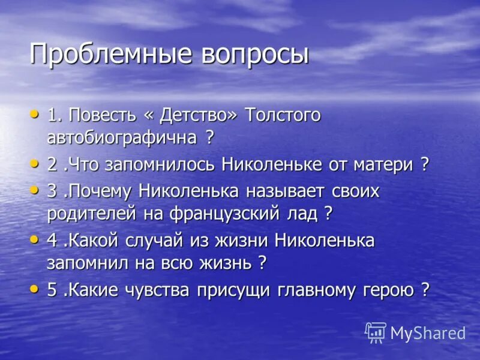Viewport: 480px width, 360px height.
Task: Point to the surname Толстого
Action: tap(283, 115)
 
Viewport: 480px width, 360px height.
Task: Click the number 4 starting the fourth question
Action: tap(52, 241)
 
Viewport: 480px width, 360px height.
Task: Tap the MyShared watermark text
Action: tap(428, 333)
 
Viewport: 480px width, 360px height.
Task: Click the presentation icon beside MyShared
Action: tap(376, 332)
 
